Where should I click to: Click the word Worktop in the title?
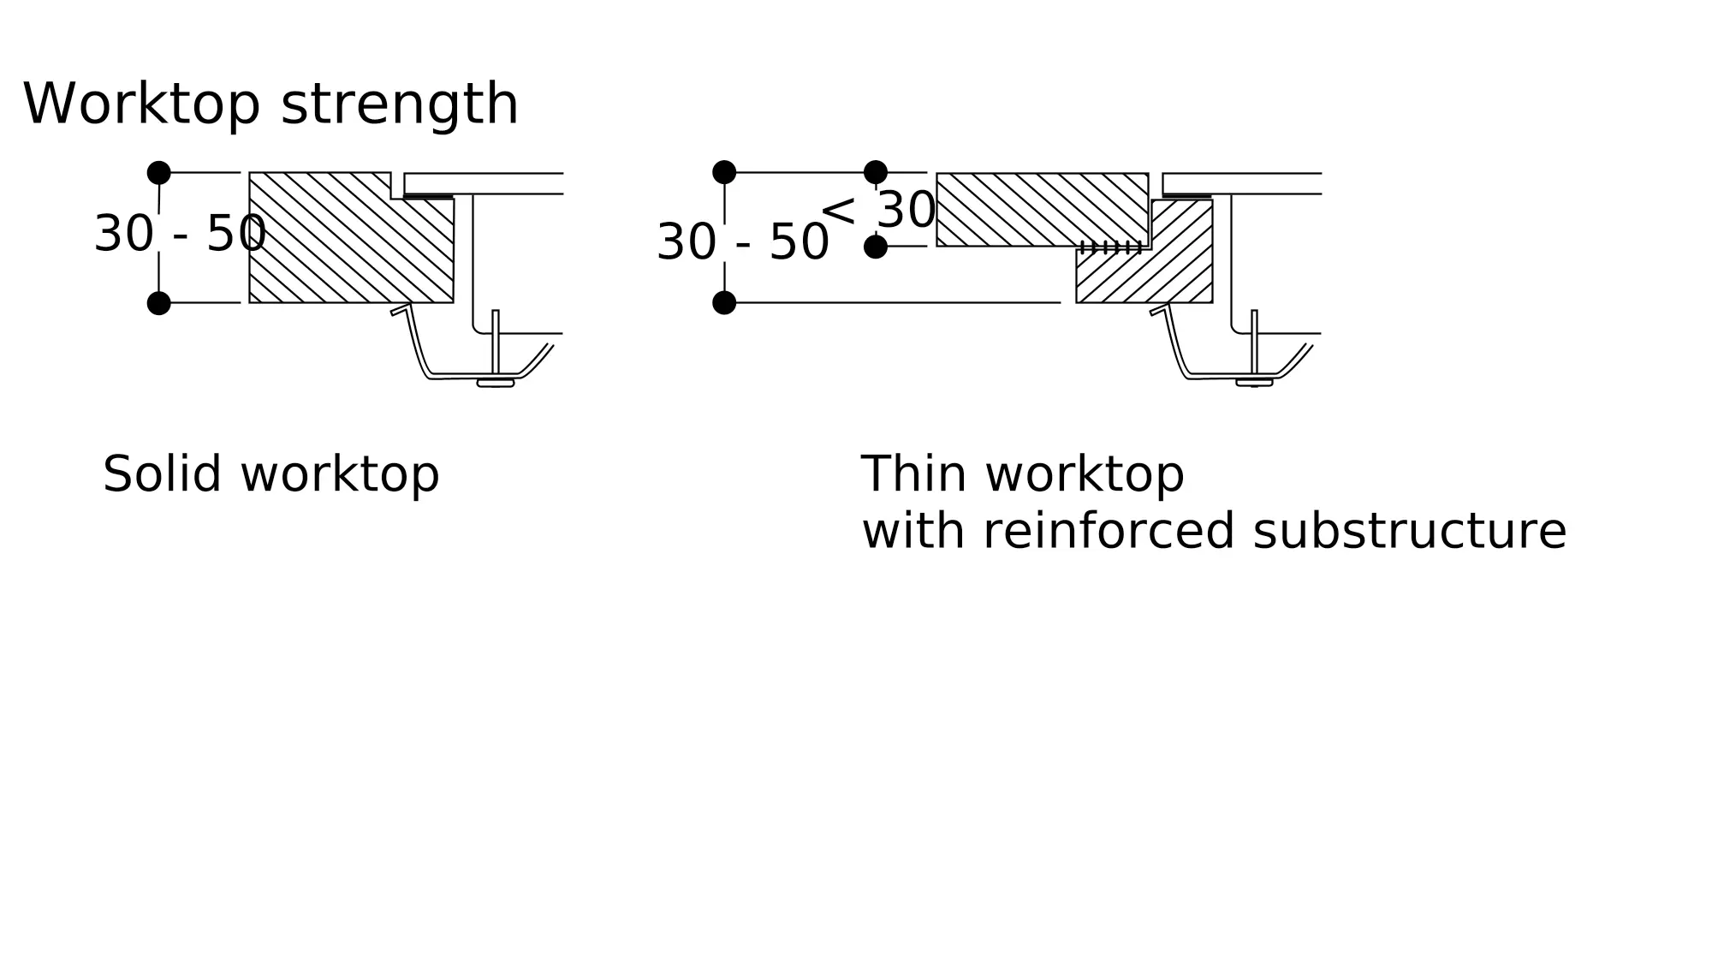(x=141, y=105)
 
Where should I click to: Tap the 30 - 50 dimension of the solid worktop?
(x=180, y=234)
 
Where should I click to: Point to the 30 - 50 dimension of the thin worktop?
(x=743, y=242)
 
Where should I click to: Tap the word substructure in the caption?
(x=1409, y=532)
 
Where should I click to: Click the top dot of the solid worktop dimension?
(x=158, y=173)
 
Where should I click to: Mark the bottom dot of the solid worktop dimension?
(x=158, y=303)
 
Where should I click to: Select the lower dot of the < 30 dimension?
(x=876, y=247)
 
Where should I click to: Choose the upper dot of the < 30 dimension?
(x=876, y=172)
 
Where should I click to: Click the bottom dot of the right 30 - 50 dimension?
(x=724, y=303)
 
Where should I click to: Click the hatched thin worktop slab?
(x=1040, y=209)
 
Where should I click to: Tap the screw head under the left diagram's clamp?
(x=496, y=383)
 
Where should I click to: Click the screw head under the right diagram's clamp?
(x=1254, y=383)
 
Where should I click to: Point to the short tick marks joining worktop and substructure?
(x=1111, y=247)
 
